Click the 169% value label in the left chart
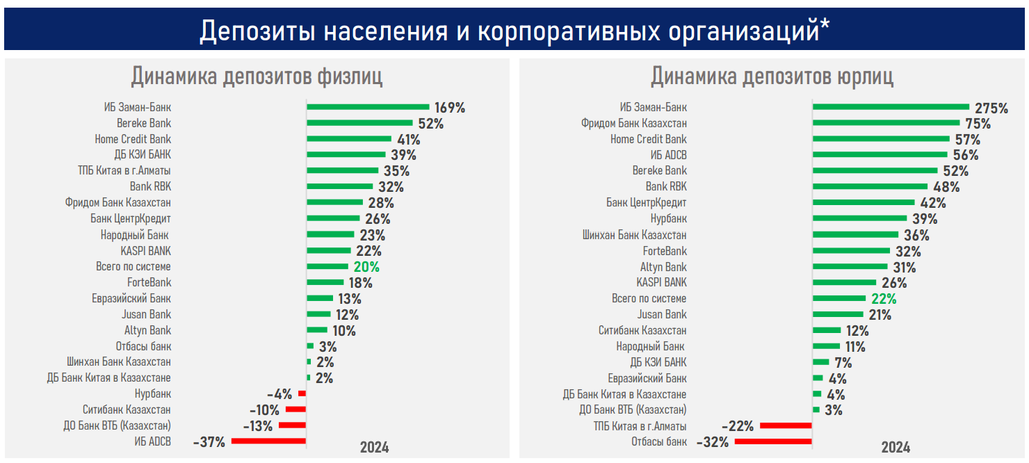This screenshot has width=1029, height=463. [x=450, y=108]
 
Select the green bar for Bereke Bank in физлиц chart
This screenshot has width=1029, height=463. [x=359, y=123]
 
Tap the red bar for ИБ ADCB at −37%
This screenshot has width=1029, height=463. [x=268, y=441]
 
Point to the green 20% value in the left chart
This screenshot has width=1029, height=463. [x=366, y=267]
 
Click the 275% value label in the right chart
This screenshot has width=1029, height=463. [x=991, y=108]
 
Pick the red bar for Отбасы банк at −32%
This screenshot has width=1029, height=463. [x=773, y=441]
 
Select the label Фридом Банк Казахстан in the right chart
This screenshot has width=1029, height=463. [x=634, y=123]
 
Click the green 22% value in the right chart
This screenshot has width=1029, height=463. [x=884, y=299]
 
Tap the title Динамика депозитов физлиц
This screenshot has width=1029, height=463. [x=257, y=76]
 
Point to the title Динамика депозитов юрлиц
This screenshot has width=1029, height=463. [x=772, y=76]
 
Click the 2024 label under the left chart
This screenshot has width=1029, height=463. [x=374, y=447]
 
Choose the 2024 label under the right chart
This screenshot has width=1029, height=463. [x=896, y=447]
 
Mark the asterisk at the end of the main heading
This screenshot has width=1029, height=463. [x=825, y=26]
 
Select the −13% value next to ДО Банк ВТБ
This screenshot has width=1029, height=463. [x=258, y=425]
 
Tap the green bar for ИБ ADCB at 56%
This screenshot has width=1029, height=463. [x=880, y=155]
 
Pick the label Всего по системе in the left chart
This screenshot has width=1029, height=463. [x=133, y=267]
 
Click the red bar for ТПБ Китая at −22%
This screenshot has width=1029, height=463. [x=786, y=425]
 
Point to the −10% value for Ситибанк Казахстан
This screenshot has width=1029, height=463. [x=264, y=409]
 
